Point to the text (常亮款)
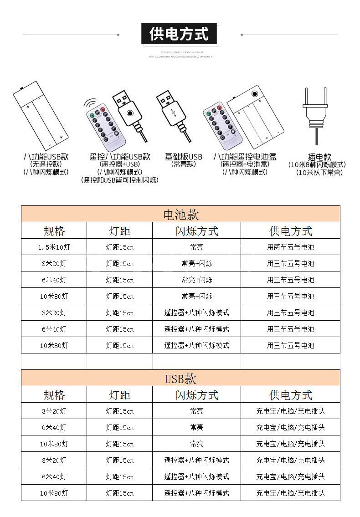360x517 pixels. coord(184,164)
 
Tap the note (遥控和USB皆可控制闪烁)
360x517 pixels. coord(119,180)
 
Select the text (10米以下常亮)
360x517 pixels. coord(319,172)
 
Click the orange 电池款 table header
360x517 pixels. coord(180,214)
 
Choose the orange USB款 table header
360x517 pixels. coord(180,378)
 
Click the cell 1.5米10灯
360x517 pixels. coord(54,247)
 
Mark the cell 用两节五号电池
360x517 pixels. coord(290,247)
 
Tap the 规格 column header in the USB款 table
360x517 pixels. coord(54,394)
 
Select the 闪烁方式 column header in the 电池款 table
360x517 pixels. coord(197,231)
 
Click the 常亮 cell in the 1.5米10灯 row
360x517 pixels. coord(197,247)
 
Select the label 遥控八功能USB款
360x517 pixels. coord(119,156)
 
